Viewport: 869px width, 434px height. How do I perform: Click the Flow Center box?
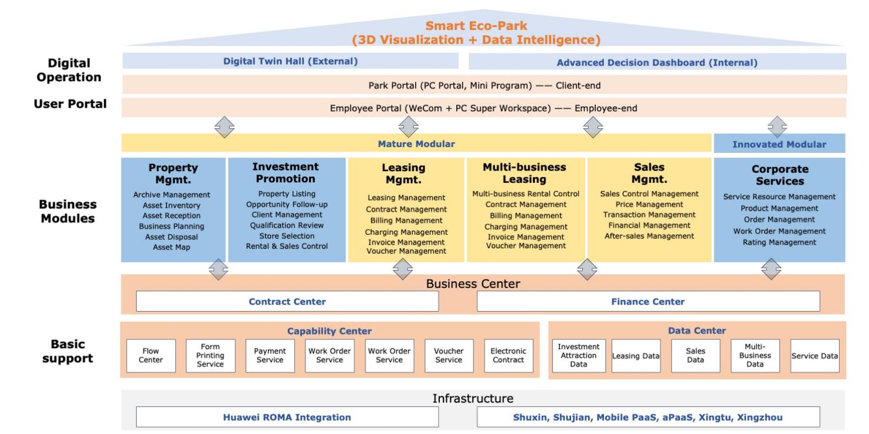151,356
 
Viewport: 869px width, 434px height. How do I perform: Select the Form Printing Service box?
211,356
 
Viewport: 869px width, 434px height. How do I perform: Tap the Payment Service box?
270,356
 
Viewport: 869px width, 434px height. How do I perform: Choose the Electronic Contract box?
508,356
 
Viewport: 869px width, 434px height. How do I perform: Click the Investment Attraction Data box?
579,356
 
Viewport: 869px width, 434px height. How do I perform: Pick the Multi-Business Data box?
755,356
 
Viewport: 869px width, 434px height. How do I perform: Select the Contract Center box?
287,301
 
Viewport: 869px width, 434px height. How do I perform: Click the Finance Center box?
649,301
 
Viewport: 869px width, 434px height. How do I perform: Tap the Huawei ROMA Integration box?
287,417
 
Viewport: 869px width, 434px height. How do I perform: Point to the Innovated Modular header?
779,143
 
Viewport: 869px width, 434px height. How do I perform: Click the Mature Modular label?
416,143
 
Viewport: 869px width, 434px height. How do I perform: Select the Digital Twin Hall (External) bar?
290,61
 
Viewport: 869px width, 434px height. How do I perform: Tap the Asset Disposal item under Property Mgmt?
171,237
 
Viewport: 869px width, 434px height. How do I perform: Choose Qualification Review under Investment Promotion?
287,225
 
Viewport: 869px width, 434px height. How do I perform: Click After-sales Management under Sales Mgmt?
649,236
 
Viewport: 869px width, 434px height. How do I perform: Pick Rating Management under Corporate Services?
779,242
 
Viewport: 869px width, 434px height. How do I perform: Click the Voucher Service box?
449,356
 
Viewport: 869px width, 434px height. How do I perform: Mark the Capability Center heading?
330,331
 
